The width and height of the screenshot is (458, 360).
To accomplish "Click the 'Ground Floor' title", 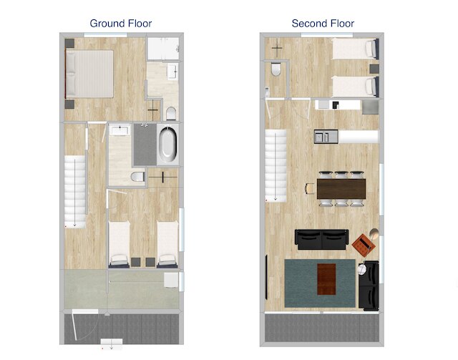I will coord(121,24).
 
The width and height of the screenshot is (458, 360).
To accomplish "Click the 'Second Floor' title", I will coord(323,24).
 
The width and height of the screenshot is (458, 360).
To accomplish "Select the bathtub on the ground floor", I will coord(167,144).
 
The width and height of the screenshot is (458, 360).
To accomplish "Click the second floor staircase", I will coord(276,165).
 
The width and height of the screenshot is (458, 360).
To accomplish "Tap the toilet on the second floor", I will coord(276,71).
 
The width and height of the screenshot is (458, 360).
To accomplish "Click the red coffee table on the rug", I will coord(326,278).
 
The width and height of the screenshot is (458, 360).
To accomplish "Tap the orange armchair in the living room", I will coord(365,243).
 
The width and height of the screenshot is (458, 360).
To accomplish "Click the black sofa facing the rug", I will coord(322,239).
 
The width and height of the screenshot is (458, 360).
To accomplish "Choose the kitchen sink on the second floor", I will coord(323,136).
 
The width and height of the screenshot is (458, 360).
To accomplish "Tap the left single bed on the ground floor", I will coord(119,242).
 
